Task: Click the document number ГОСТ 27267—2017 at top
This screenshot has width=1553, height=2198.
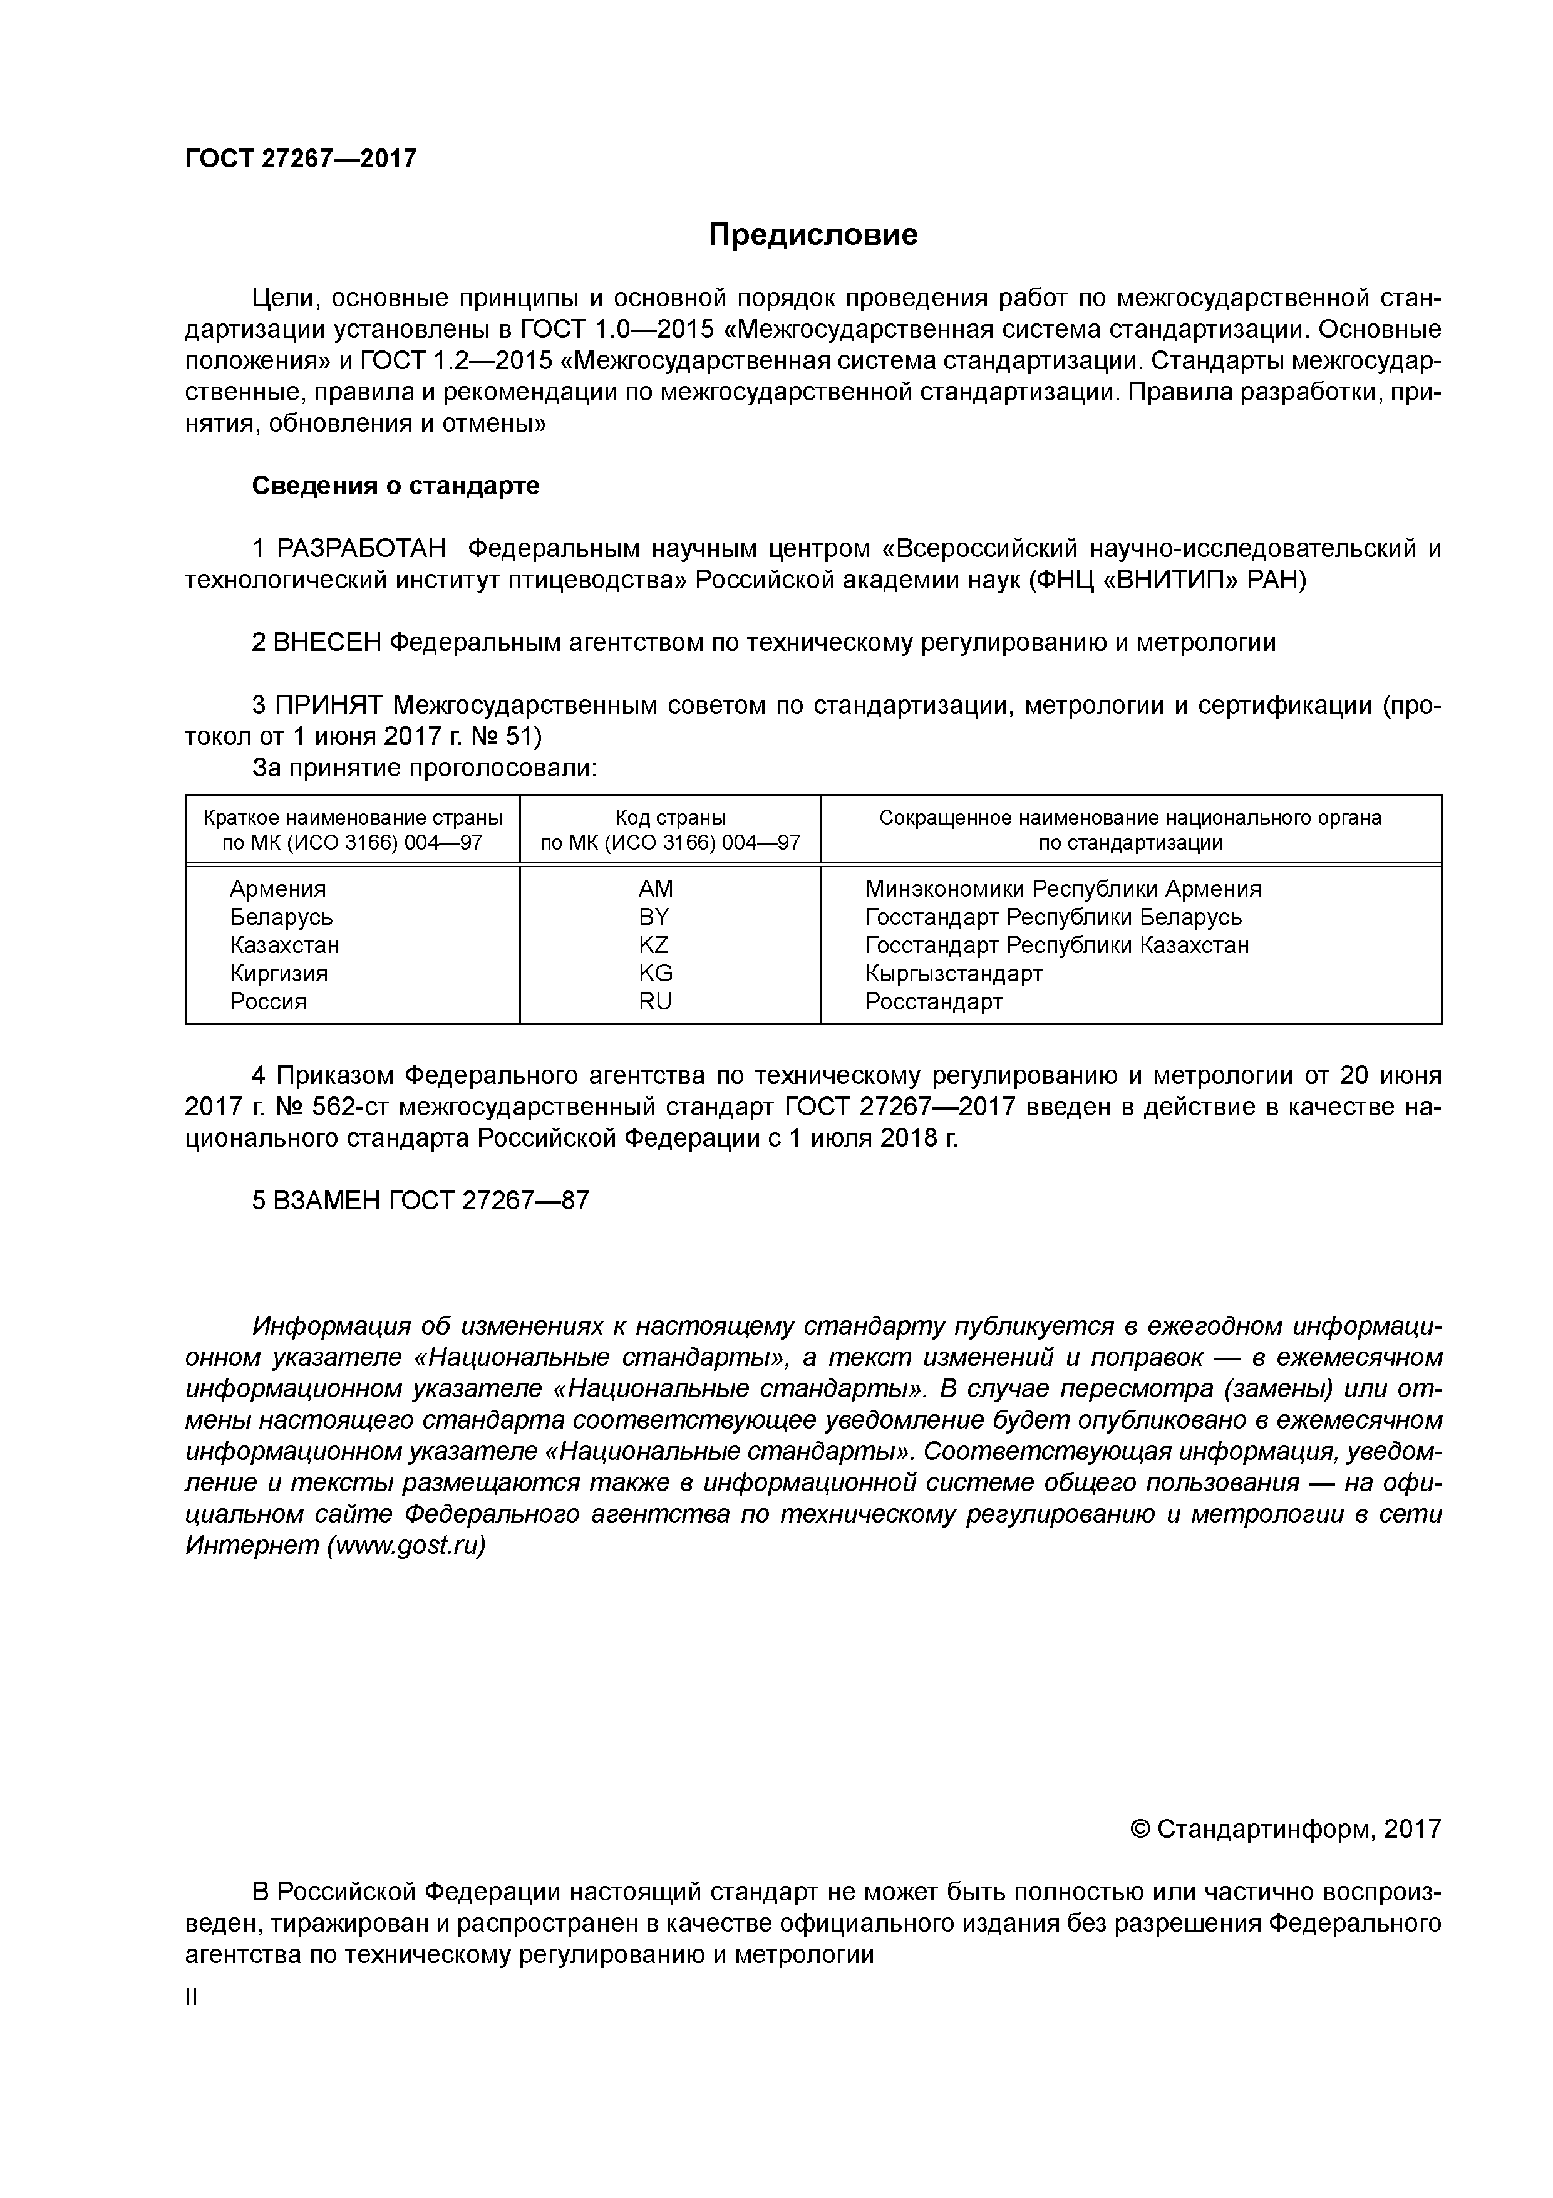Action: click(301, 159)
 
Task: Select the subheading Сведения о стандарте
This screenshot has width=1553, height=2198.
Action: click(395, 486)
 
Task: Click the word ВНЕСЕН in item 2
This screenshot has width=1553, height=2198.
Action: click(326, 642)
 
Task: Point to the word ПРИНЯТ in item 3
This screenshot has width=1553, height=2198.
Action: click(328, 706)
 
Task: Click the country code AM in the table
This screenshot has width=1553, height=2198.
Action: click(656, 888)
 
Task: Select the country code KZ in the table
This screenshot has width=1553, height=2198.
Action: click(654, 945)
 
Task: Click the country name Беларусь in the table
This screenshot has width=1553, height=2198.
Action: click(281, 917)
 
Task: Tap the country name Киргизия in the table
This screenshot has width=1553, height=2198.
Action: click(279, 974)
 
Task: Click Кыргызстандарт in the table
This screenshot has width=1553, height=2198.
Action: click(953, 974)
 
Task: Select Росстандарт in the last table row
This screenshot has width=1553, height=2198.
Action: click(934, 1001)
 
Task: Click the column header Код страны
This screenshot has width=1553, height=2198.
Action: click(670, 818)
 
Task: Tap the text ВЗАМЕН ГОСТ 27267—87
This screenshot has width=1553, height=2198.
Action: click(420, 1201)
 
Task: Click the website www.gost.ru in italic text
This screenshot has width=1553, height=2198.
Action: click(406, 1546)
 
